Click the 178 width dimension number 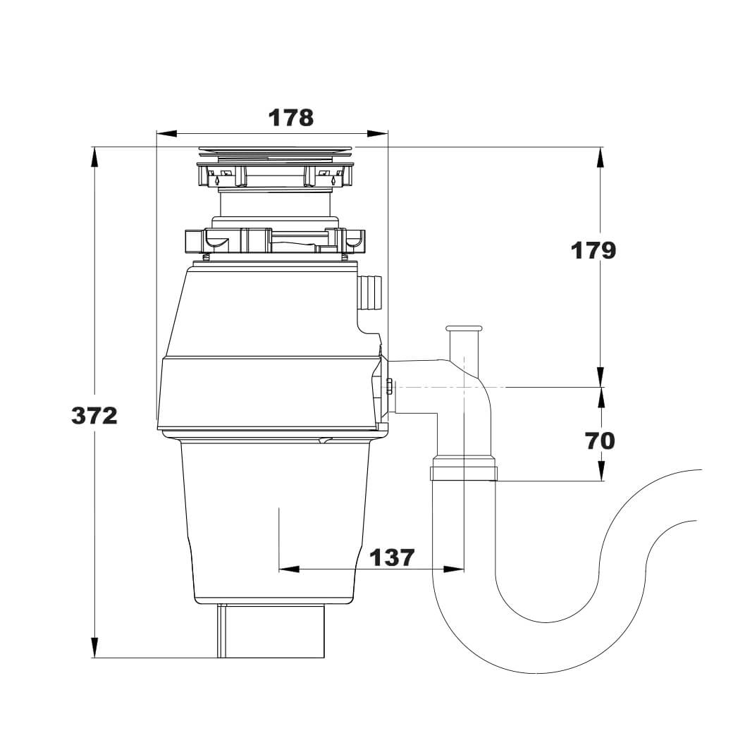click(290, 118)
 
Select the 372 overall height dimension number click(94, 415)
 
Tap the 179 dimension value click(593, 251)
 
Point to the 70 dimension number click(599, 441)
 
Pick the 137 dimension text click(392, 558)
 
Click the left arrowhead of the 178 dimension click(166, 134)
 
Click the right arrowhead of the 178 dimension click(378, 134)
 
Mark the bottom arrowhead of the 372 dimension click(95, 648)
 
